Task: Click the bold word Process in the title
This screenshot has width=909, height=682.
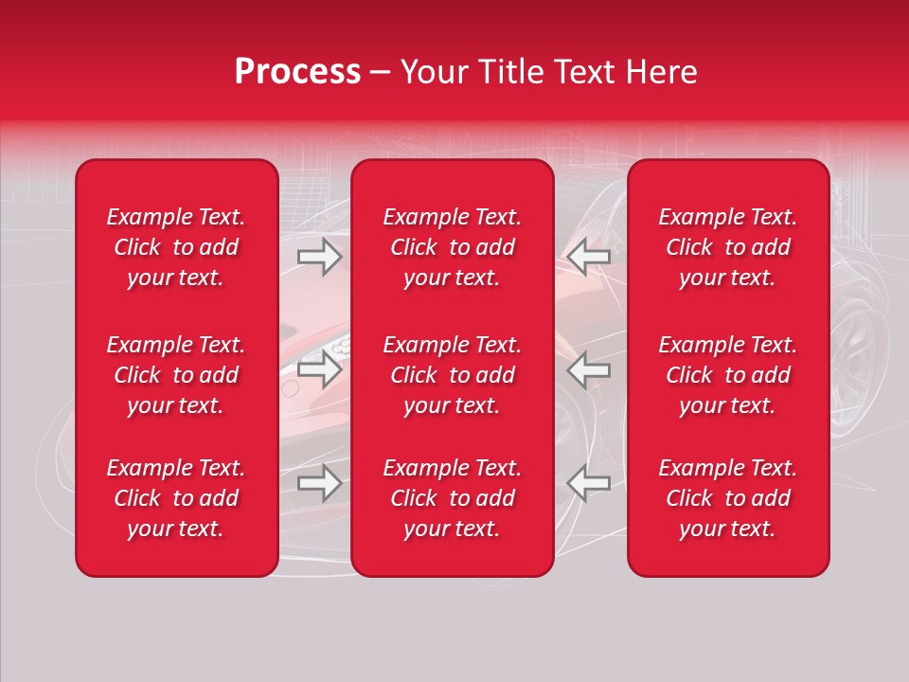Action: click(297, 72)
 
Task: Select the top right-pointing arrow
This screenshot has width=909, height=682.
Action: click(319, 257)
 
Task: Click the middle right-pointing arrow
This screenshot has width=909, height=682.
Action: click(319, 369)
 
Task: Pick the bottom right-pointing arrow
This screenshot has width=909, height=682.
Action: click(319, 483)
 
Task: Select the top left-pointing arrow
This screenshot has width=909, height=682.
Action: click(589, 257)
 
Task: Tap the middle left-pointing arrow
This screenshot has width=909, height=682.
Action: click(589, 369)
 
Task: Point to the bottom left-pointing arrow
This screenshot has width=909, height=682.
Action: click(589, 483)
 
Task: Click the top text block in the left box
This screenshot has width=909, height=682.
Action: click(176, 247)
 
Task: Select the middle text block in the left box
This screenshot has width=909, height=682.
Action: click(176, 375)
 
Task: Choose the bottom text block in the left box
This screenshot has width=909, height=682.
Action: click(176, 498)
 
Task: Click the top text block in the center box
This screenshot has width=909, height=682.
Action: click(452, 247)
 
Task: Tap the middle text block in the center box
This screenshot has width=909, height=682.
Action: click(452, 375)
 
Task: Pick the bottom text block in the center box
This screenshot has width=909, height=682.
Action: click(452, 498)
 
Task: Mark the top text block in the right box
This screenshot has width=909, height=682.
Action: click(727, 247)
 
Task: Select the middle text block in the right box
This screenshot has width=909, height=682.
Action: click(727, 375)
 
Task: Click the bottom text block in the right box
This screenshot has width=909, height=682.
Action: click(727, 498)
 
